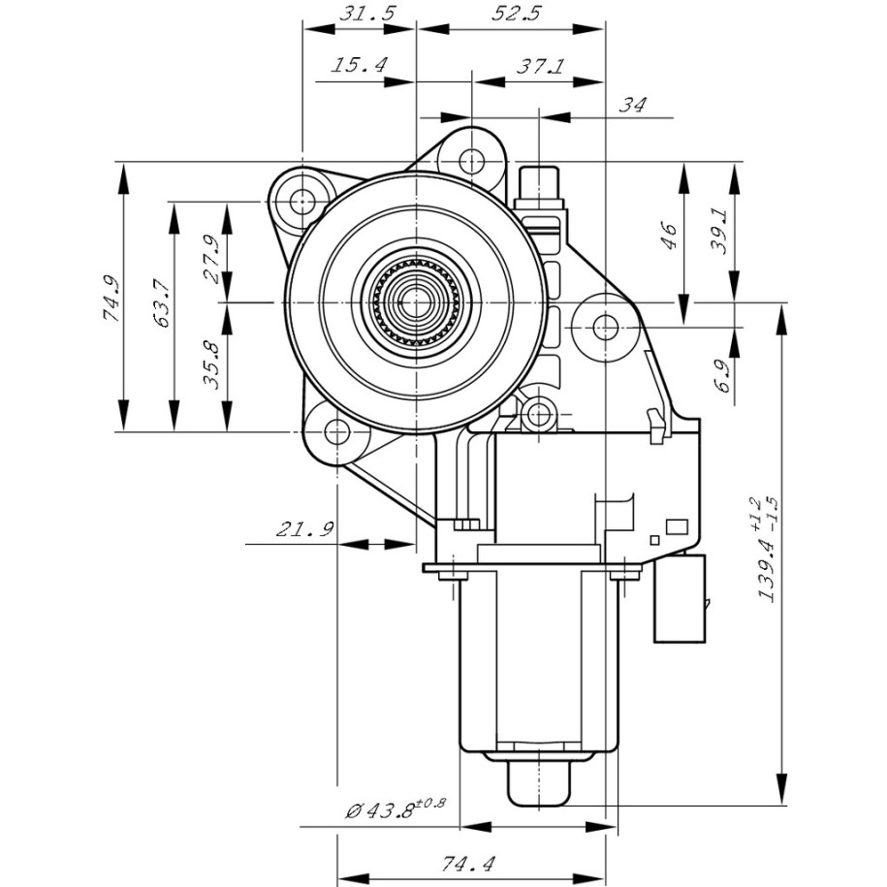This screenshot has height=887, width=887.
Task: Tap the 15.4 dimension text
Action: click(x=361, y=65)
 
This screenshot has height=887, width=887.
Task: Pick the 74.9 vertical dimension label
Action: click(x=111, y=298)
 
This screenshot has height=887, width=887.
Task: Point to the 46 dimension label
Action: click(x=670, y=236)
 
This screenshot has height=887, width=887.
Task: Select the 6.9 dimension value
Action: click(x=719, y=374)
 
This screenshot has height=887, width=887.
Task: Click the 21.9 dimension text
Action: click(x=304, y=529)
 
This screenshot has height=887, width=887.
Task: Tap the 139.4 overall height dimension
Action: click(x=767, y=553)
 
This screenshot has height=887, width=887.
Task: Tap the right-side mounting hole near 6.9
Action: click(x=604, y=326)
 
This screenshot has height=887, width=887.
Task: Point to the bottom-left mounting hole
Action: click(x=336, y=429)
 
